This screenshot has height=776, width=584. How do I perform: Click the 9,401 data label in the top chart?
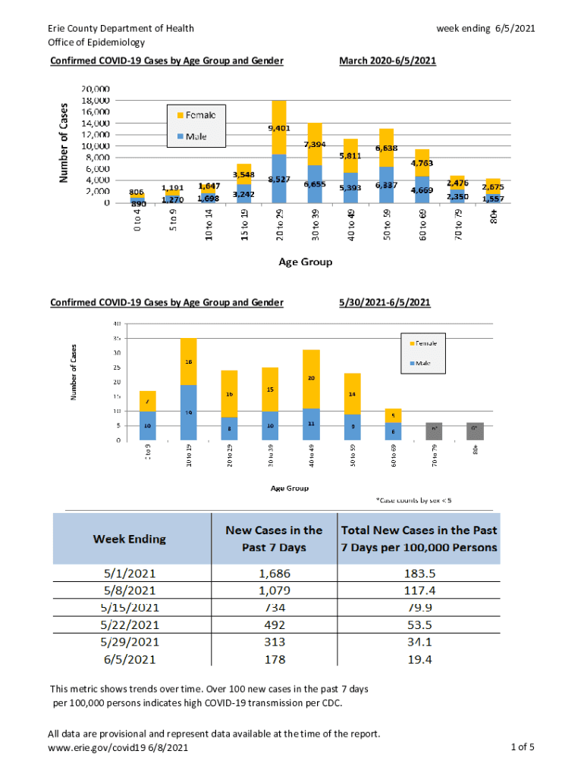click(x=278, y=128)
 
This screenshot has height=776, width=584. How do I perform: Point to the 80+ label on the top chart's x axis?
click(x=494, y=216)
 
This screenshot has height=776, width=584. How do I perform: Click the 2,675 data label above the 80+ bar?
click(x=494, y=186)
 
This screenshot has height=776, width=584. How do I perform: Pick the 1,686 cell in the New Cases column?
click(x=274, y=574)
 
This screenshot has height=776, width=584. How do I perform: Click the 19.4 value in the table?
click(x=419, y=659)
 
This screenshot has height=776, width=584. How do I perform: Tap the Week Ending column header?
click(x=130, y=539)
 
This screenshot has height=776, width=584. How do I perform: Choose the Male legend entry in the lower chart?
click(x=421, y=363)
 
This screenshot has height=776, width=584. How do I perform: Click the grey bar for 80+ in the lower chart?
click(x=475, y=431)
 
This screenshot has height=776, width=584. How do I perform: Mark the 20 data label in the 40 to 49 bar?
click(x=312, y=377)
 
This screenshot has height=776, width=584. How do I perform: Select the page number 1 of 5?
click(x=523, y=748)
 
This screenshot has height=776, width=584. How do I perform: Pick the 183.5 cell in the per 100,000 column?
click(x=419, y=574)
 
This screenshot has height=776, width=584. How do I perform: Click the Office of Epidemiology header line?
click(x=96, y=42)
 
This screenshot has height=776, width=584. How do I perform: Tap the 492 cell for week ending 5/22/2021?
click(x=274, y=625)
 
